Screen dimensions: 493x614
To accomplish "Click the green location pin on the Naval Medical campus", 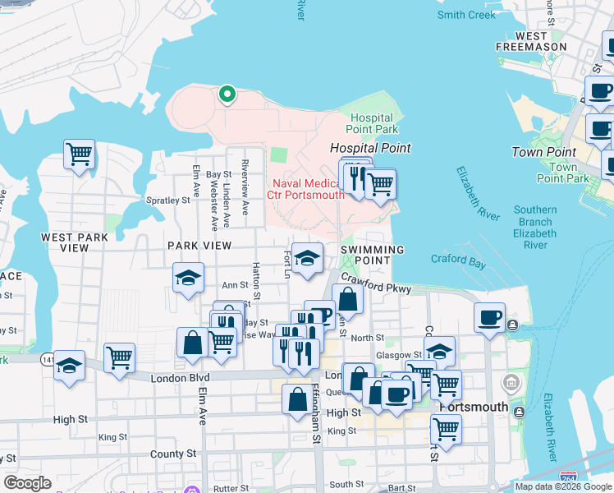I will pos(227,94).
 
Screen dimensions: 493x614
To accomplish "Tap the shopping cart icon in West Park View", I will pos(80,154).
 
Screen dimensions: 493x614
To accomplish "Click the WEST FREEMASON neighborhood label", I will pos(531,42).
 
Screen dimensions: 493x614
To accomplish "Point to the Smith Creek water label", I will pos(466,15).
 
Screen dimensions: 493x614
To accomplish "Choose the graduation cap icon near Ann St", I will pos(188,277).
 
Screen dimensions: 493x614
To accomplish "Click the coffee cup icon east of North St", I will pos(490,317).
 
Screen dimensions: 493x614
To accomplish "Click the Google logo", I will pos(27,483).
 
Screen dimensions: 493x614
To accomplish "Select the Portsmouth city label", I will pos(474,407).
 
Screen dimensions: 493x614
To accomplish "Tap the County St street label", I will pos(172,454).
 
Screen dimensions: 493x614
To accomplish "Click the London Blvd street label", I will pos(181,377).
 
